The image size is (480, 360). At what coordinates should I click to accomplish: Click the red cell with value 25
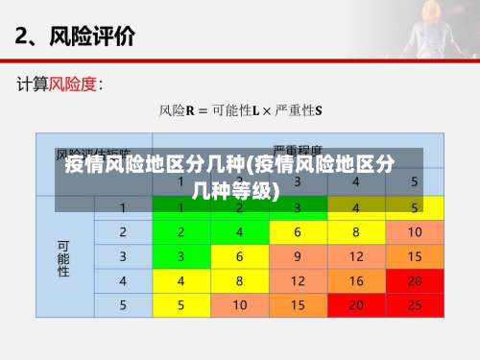tap(415, 305)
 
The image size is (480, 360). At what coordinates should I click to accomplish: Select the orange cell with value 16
tap(356, 281)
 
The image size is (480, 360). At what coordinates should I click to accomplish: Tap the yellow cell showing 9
tap(298, 256)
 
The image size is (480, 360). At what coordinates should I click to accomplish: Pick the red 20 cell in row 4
tap(415, 281)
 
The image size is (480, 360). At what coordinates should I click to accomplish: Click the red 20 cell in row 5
tap(356, 305)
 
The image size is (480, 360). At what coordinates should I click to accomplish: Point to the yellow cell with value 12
tap(298, 281)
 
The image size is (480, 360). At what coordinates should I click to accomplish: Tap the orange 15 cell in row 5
tap(298, 305)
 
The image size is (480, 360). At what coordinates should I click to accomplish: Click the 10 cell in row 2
tap(415, 232)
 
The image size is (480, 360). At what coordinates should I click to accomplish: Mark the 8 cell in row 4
tap(239, 281)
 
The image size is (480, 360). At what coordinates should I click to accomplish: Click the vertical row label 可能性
tap(64, 257)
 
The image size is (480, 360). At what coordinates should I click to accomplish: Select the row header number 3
tap(123, 256)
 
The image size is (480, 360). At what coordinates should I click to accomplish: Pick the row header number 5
tap(123, 305)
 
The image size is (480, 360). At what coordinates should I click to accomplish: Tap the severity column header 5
tap(415, 181)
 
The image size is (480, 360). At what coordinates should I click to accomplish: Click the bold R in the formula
tap(190, 110)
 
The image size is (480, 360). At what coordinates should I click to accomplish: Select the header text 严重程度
tap(299, 150)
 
